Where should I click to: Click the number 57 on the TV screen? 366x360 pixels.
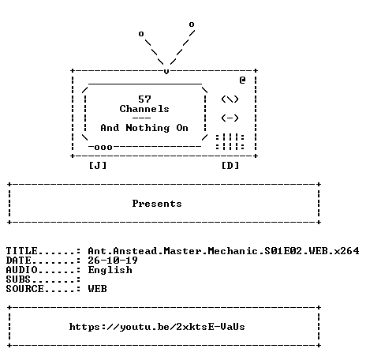(144, 99)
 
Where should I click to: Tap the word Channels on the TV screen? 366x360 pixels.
(144, 109)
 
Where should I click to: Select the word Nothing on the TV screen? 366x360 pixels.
(148, 128)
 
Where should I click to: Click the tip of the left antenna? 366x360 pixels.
(141, 34)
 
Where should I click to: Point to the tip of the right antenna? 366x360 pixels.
(192, 24)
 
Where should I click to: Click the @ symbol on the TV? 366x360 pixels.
(242, 80)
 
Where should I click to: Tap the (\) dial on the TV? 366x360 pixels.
(230, 99)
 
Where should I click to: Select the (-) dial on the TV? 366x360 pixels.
(230, 118)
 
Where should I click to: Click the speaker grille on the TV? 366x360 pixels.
(230, 141)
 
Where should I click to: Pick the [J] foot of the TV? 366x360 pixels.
(98, 166)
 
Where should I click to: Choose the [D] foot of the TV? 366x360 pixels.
(230, 166)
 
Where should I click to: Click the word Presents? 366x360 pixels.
(157, 204)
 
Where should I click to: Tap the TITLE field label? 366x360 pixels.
(22, 251)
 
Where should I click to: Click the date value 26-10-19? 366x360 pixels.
(113, 261)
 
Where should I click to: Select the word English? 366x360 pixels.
(110, 270)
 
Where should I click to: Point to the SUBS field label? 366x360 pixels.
(18, 279)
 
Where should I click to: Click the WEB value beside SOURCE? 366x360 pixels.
(98, 289)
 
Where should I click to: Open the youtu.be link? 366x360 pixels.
(157, 327)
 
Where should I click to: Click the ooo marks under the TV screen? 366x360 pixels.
(103, 148)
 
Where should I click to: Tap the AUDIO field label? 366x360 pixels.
(22, 270)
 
